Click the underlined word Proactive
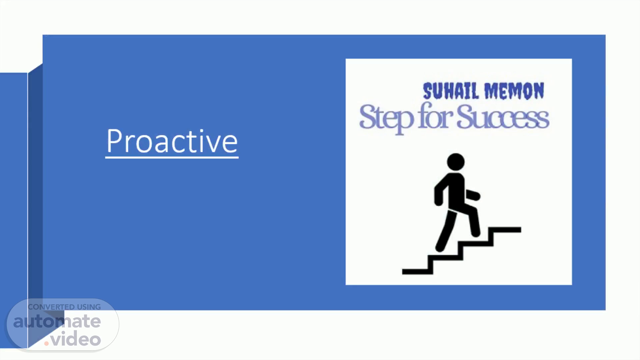(172, 141)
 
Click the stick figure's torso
(457, 192)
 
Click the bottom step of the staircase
(417, 272)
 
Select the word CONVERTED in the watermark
(51, 307)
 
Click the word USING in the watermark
(89, 307)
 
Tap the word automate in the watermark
(57, 321)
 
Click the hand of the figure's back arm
(438, 201)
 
